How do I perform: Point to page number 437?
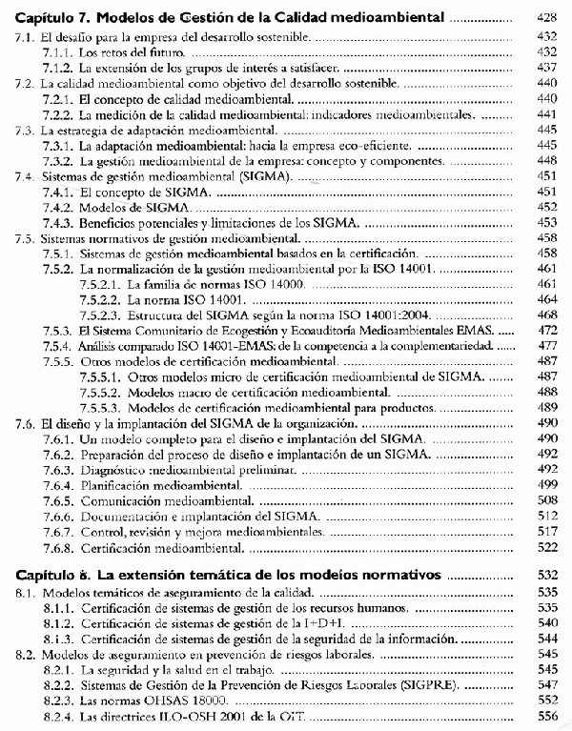tap(546, 68)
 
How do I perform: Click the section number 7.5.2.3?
tap(95, 315)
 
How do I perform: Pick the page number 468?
tap(546, 315)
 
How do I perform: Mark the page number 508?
tap(546, 499)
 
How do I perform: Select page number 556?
tap(546, 716)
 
